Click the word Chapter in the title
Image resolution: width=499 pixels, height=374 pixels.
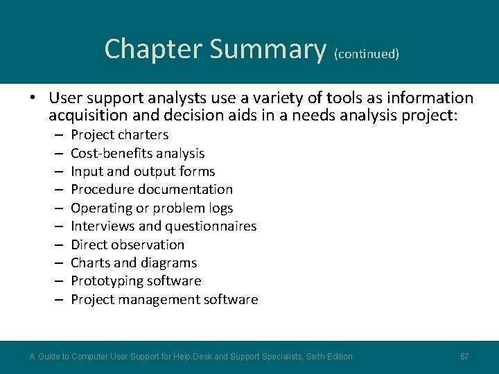click(x=153, y=49)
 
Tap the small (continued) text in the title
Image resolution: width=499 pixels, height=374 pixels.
click(x=366, y=53)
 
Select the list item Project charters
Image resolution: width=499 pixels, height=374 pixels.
click(x=119, y=135)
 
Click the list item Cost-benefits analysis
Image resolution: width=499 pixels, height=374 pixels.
click(x=137, y=153)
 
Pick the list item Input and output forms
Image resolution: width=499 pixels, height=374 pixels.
click(x=143, y=171)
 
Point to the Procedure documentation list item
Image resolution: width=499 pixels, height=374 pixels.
click(x=152, y=190)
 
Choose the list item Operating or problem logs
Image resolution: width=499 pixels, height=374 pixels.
click(x=152, y=208)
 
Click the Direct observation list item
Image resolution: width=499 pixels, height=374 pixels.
click(x=128, y=244)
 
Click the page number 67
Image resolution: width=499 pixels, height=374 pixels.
click(x=464, y=357)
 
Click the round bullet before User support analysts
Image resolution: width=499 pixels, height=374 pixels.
click(x=33, y=98)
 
